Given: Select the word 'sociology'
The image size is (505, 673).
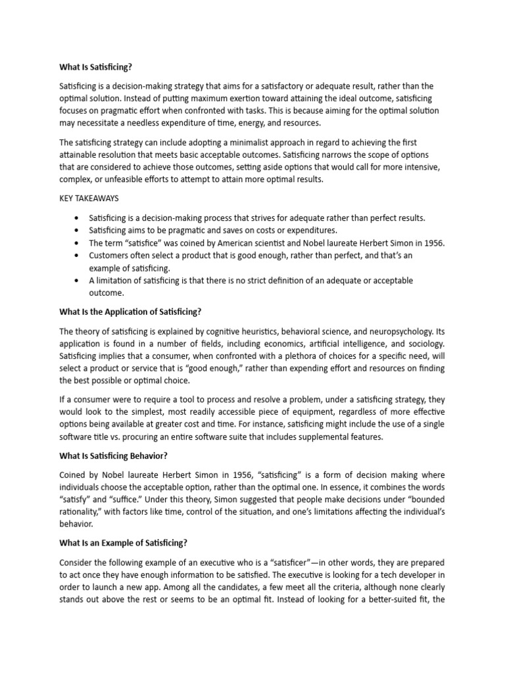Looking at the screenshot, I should pos(421,344).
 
